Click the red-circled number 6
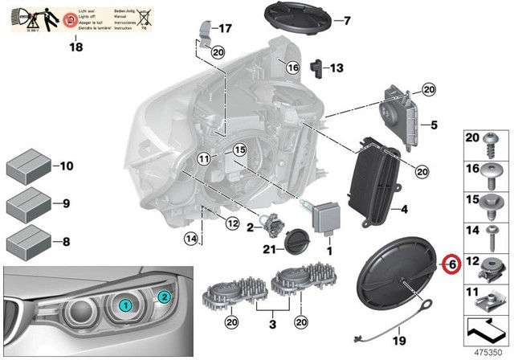pos(450,264)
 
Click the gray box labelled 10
pos(28,167)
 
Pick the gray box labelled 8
pos(28,241)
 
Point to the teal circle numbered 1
pos(126,306)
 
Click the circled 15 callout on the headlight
pos(239,149)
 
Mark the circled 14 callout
pos(190,238)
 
